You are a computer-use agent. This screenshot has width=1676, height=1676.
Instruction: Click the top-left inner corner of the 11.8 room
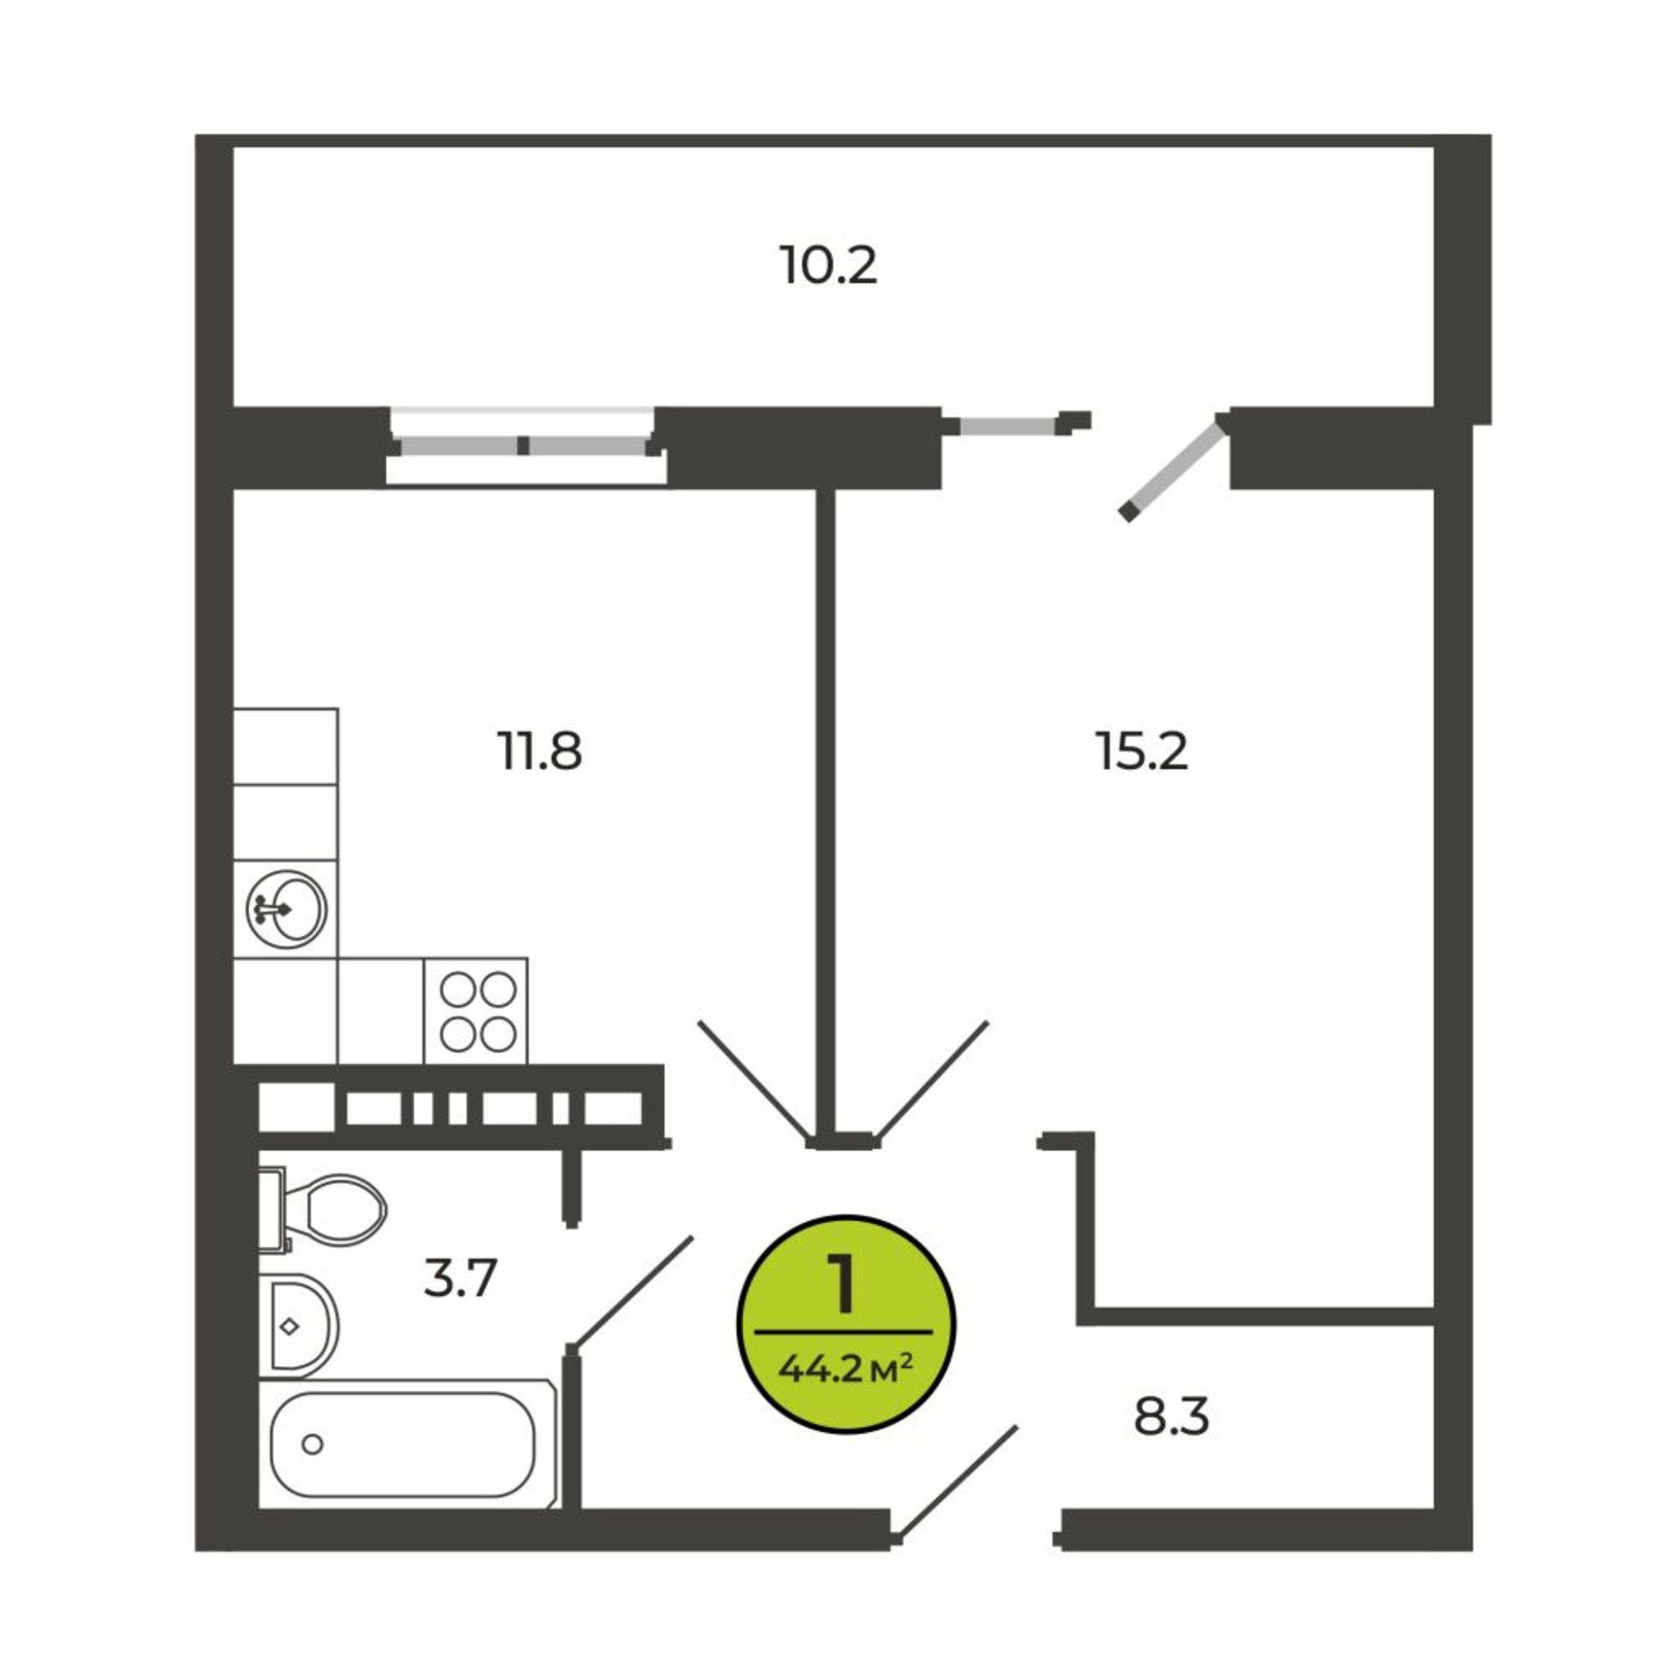click(235, 490)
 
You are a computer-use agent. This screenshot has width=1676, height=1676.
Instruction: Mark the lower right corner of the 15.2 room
click(1433, 1306)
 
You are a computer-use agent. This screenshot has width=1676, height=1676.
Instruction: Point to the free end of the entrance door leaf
click(1016, 1427)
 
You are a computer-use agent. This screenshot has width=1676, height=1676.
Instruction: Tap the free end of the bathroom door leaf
click(692, 1238)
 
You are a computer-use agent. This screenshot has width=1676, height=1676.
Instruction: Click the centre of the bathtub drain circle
click(313, 1445)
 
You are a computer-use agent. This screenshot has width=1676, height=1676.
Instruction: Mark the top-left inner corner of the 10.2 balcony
click(235, 147)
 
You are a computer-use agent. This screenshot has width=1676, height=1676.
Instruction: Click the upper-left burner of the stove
click(458, 989)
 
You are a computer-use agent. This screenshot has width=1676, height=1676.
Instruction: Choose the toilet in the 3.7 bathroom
click(323, 1210)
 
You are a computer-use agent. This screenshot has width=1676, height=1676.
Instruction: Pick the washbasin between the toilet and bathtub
click(298, 1326)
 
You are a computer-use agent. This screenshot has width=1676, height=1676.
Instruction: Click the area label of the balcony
click(829, 266)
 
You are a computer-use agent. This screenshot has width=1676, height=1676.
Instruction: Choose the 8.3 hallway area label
click(1172, 1416)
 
